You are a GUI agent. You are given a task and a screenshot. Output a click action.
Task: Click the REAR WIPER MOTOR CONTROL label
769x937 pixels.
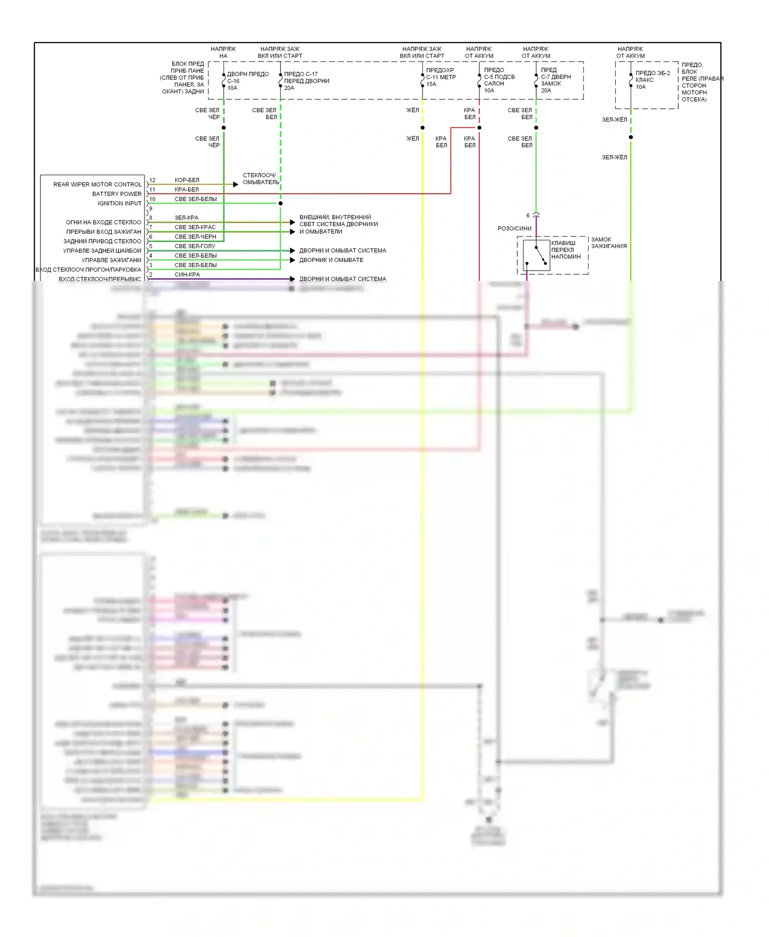[x=97, y=185]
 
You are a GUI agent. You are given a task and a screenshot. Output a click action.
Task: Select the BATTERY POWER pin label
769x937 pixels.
[x=117, y=194]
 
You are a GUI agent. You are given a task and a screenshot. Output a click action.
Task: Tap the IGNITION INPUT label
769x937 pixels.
[x=119, y=203]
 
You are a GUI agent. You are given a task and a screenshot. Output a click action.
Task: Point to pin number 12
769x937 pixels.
[x=152, y=180]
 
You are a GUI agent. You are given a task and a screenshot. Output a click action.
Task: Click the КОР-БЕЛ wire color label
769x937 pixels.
[x=187, y=180]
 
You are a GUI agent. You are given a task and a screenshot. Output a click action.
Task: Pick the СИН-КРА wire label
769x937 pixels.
[x=187, y=275]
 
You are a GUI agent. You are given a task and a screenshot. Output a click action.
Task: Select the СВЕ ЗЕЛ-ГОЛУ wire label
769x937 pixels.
[x=195, y=246]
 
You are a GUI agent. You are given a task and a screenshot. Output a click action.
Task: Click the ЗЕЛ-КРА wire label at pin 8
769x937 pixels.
[x=186, y=218]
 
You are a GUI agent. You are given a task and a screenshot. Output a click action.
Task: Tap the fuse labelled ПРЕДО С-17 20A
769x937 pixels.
[x=306, y=81]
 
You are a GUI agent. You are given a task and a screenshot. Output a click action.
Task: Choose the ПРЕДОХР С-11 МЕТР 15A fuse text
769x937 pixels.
[x=440, y=77]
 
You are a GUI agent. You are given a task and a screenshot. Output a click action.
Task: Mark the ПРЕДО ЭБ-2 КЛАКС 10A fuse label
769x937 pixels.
[x=652, y=80]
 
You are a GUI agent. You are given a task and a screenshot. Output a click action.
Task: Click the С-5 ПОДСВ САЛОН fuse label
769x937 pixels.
[x=499, y=80]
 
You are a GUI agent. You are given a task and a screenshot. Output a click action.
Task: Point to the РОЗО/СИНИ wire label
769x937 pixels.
[x=514, y=229]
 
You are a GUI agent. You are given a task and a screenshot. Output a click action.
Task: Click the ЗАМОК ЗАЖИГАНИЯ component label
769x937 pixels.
[x=609, y=243]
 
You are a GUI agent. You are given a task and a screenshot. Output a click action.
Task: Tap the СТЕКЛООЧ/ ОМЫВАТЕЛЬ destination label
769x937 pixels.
[x=261, y=179]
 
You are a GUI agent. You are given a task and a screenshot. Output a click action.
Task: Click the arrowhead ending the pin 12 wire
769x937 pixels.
[x=236, y=185]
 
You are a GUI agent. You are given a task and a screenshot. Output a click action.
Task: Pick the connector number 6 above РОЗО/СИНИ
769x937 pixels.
[x=528, y=216]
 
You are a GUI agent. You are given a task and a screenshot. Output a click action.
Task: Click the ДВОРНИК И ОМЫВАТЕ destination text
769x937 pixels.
[x=331, y=260]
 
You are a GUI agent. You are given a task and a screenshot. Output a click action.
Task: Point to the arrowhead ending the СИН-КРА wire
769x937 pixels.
[x=293, y=279]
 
